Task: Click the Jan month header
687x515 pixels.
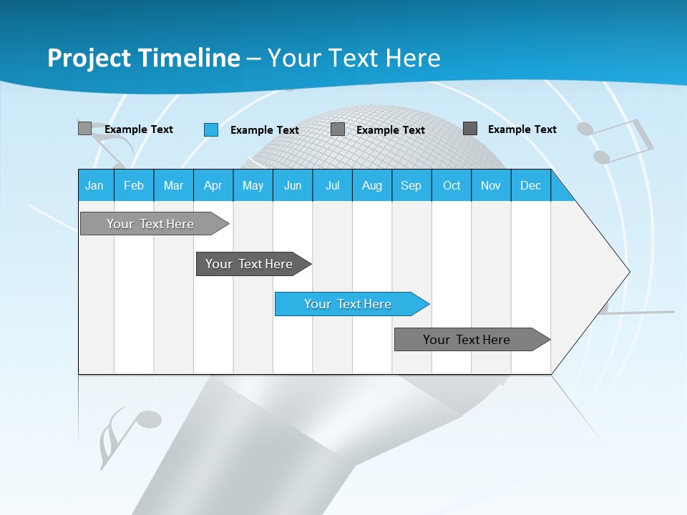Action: (95, 185)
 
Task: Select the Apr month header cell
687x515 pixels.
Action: (213, 185)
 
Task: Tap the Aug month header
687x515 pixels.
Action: (371, 185)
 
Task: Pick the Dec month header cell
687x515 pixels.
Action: (530, 185)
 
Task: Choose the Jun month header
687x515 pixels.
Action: (292, 185)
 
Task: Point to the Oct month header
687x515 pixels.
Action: (451, 185)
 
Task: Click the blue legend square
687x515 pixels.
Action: (211, 129)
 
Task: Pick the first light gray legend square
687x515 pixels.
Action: (84, 129)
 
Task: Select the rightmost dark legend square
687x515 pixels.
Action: (470, 129)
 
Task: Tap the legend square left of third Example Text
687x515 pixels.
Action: (338, 129)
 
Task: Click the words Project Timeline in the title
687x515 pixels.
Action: (143, 58)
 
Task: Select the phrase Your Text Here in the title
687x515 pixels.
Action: (354, 58)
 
